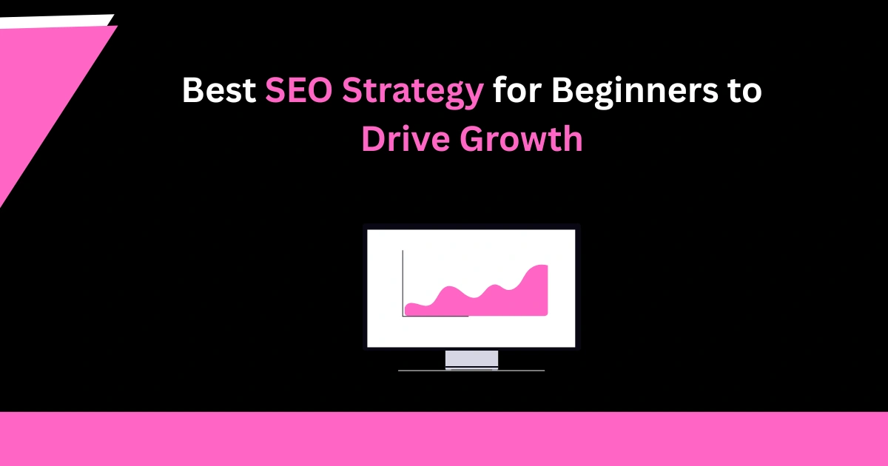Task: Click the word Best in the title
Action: (219, 90)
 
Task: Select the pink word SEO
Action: (298, 90)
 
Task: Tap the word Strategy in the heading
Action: (413, 92)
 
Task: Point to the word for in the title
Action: (517, 90)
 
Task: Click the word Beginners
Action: (635, 92)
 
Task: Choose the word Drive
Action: (406, 138)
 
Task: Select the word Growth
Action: (521, 138)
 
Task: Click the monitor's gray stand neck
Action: (472, 359)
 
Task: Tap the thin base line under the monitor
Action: (471, 371)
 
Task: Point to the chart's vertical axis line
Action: (403, 283)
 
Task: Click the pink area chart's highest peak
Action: (541, 266)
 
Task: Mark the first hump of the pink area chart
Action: (448, 288)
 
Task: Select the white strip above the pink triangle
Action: (55, 21)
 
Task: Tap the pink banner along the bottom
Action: (444, 439)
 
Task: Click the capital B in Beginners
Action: (565, 90)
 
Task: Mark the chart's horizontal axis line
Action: (435, 317)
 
